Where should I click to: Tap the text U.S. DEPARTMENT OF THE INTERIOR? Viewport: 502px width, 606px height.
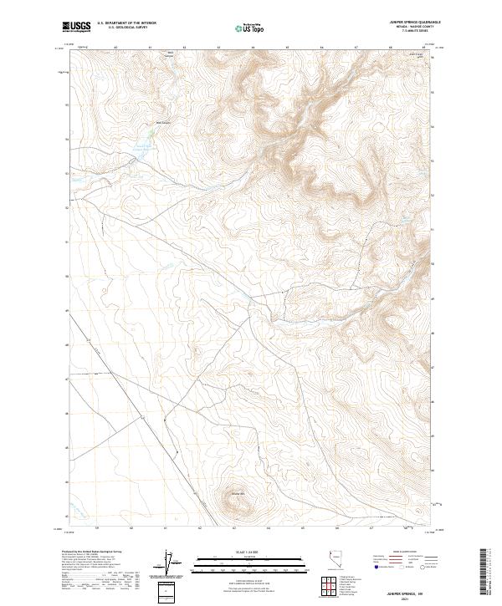coord(128,24)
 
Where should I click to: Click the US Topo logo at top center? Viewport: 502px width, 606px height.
coord(251,27)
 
